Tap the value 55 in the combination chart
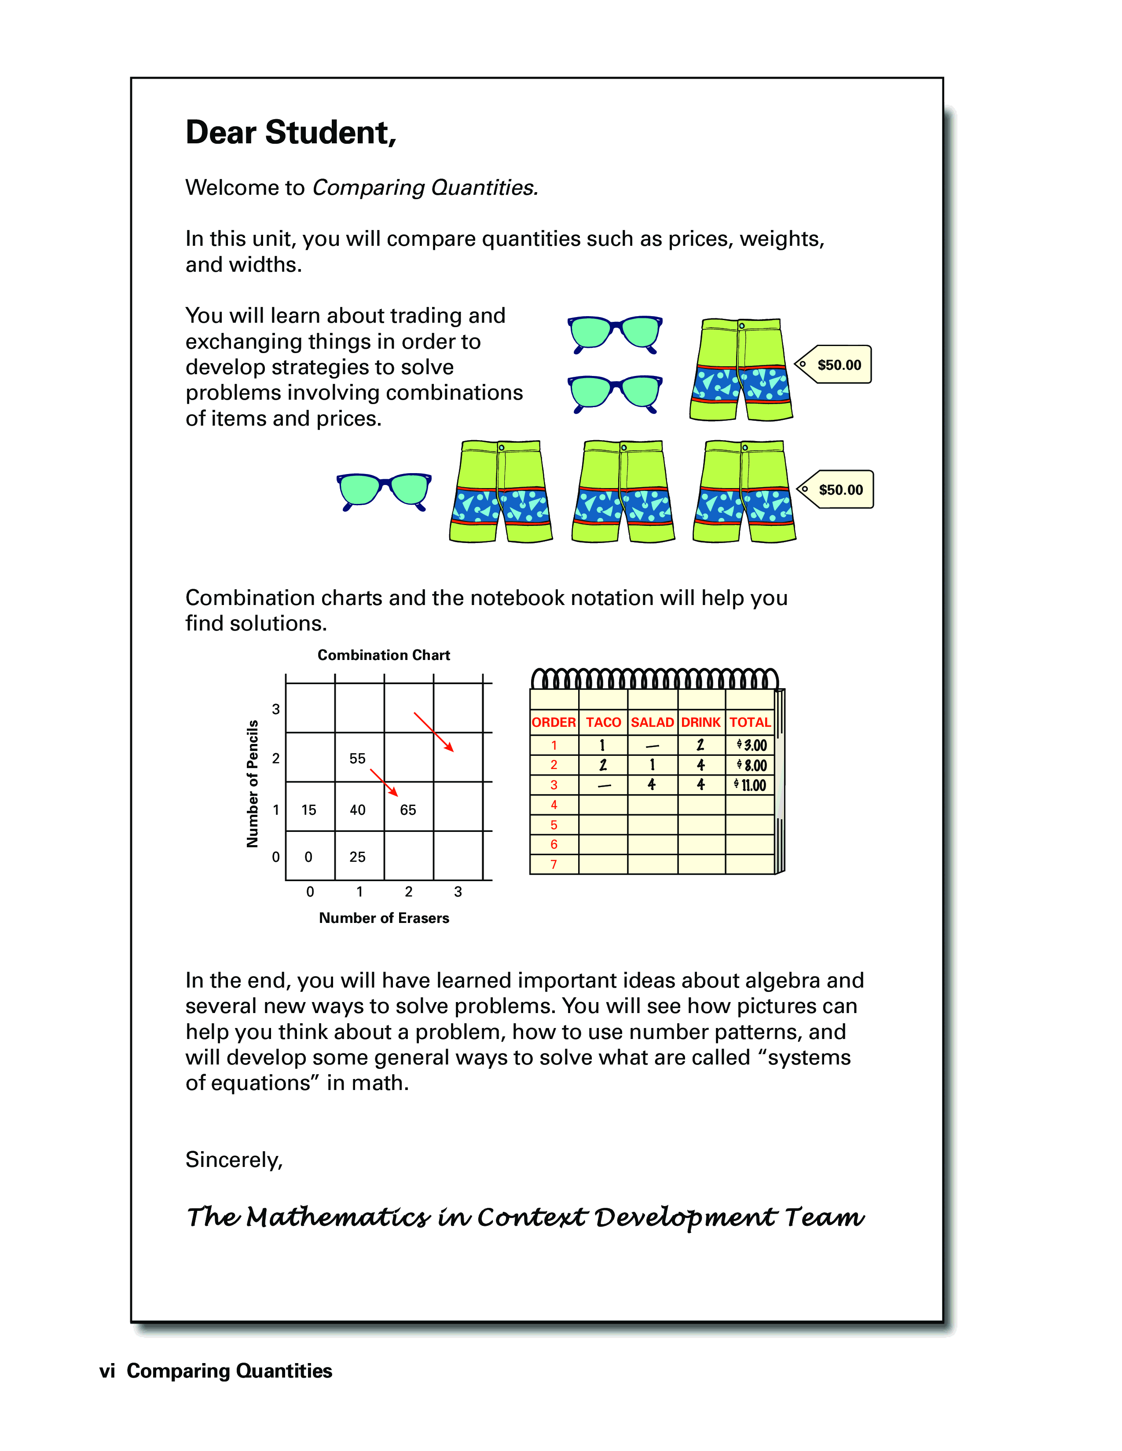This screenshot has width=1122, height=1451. tap(358, 758)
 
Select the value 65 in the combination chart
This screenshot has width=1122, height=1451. tap(408, 810)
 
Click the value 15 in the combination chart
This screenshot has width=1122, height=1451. tap(309, 810)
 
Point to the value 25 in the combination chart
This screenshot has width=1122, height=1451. tap(358, 857)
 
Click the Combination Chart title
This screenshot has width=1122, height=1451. tap(384, 655)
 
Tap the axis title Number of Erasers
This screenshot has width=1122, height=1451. tap(384, 918)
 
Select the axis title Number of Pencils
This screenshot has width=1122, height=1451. tap(253, 784)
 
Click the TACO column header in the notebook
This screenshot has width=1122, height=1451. tap(603, 722)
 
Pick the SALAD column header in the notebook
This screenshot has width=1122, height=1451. tap(652, 722)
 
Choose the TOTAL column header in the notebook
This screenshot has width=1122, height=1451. tap(750, 722)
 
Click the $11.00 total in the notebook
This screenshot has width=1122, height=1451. tap(751, 785)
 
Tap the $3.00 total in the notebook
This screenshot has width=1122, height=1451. tap(752, 745)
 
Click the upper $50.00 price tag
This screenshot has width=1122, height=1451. tap(835, 365)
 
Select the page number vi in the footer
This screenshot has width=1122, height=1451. tap(107, 1371)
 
